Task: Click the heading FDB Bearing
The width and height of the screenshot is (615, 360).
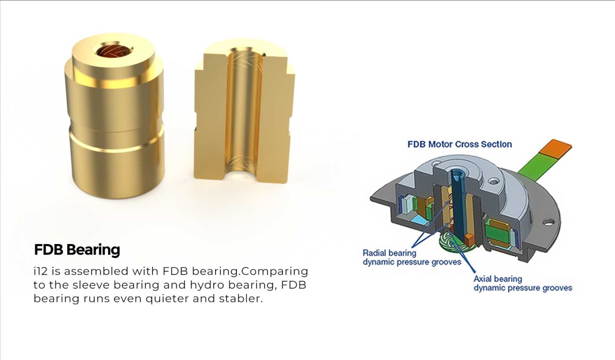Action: click(x=77, y=250)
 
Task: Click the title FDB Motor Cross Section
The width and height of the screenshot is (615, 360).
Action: click(x=460, y=144)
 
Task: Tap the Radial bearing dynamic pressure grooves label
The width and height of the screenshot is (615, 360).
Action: click(x=412, y=257)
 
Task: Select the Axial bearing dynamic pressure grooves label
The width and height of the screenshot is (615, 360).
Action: click(x=523, y=283)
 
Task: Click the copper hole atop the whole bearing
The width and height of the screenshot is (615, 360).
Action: click(x=113, y=52)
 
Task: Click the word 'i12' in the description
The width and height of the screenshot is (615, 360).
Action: click(x=40, y=272)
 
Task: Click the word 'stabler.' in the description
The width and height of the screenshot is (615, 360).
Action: click(x=241, y=298)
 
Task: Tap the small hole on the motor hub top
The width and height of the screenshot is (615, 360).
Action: click(x=493, y=181)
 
